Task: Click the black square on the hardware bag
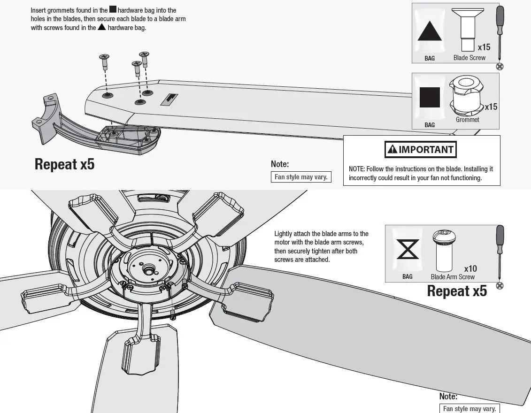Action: (430, 97)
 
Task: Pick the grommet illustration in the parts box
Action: (467, 96)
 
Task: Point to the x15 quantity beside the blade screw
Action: (484, 47)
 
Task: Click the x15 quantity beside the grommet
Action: (491, 107)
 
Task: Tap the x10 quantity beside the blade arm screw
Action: (470, 268)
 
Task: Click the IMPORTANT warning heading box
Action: (420, 150)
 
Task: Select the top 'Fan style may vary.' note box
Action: (301, 177)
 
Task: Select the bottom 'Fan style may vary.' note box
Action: (469, 408)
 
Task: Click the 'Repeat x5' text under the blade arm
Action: (64, 164)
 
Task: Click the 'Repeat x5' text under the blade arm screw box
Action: (456, 291)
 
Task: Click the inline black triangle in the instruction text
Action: (101, 27)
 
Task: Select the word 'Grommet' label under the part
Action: (467, 120)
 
